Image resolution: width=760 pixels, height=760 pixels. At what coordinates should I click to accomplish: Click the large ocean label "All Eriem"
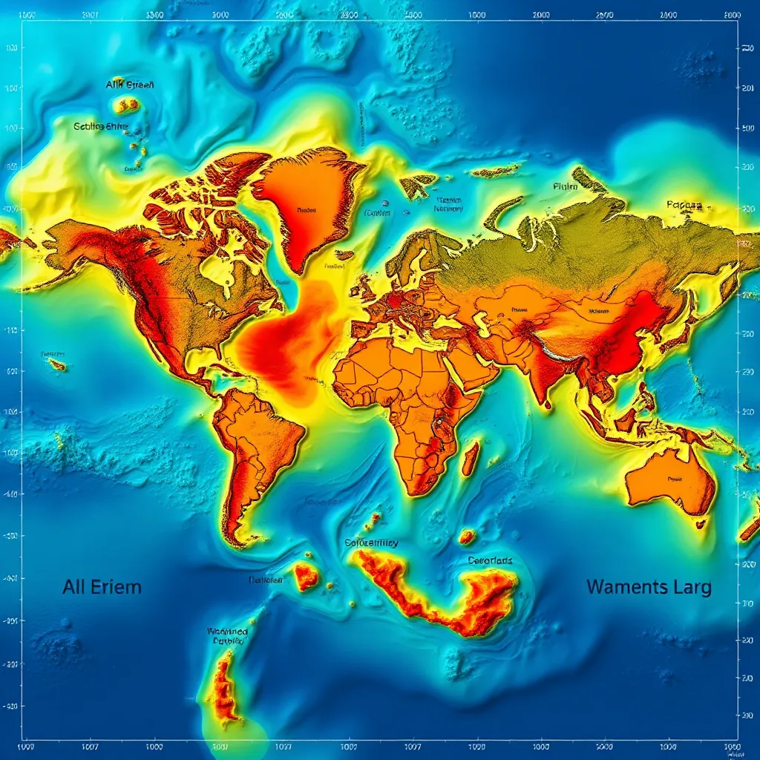(x=102, y=587)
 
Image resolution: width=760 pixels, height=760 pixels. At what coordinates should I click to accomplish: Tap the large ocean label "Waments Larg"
(x=649, y=587)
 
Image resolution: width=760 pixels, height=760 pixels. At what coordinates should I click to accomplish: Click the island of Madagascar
(x=470, y=458)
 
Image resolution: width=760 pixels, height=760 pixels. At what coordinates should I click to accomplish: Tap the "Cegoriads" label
(x=490, y=560)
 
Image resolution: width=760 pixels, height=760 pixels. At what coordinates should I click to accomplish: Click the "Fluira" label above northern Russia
(x=565, y=188)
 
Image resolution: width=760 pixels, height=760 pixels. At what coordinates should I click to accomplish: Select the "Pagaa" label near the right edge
(x=683, y=204)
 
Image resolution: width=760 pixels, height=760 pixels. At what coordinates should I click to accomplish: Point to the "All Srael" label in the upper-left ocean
(x=130, y=85)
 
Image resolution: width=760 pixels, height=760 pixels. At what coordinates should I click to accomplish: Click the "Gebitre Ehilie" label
(x=101, y=126)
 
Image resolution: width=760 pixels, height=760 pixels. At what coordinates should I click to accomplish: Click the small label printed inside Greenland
(x=306, y=211)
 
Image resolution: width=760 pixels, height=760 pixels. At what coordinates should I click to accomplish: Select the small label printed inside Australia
(x=674, y=479)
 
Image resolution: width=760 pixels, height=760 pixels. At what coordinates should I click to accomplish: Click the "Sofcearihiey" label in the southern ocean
(x=372, y=543)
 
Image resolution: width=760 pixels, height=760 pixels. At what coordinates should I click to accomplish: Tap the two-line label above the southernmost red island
(x=227, y=636)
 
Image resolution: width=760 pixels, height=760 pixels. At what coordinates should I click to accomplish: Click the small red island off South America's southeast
(x=306, y=576)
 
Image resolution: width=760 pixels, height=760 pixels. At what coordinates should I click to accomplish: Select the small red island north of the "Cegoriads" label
(x=467, y=535)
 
